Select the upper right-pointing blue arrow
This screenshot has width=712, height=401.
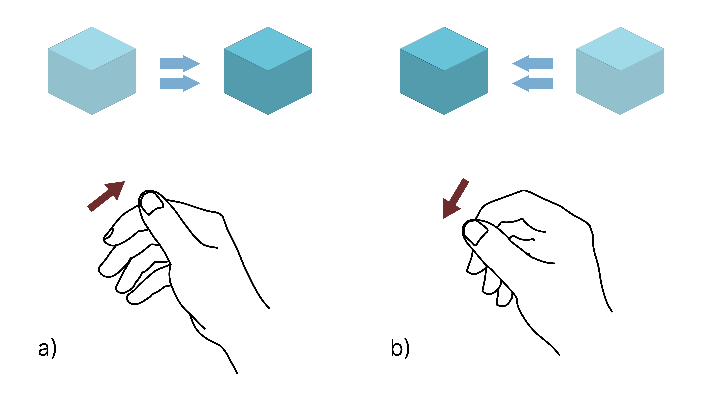coord(180,64)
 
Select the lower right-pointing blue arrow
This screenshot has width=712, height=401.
coord(180,83)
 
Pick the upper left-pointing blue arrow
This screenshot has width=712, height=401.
coord(532,64)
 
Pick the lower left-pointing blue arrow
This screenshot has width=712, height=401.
coord(532,83)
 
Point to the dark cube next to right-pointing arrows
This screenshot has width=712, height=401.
coord(268,71)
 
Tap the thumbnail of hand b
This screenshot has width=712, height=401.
coord(475,232)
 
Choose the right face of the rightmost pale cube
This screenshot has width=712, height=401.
coord(642,82)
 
